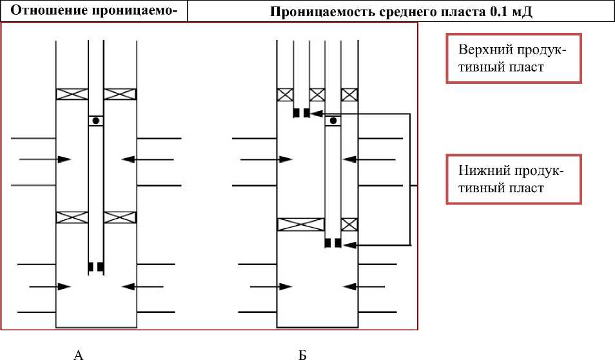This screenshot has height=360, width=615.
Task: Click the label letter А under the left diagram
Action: pos(79,354)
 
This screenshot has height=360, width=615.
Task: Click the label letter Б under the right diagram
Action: pos(302,354)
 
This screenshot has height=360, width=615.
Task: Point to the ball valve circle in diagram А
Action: pos(96,121)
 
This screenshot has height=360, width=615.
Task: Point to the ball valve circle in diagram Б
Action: pos(333,121)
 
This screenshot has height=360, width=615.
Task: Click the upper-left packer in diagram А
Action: pos(72,94)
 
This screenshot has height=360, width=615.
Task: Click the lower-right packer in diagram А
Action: pos(120,217)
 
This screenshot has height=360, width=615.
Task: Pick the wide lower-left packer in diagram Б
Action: pos(300,225)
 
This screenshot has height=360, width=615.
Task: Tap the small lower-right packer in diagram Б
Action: pos(349,225)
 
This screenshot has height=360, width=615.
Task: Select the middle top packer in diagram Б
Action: pos(317,94)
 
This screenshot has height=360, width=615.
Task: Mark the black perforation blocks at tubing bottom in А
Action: pos(96,266)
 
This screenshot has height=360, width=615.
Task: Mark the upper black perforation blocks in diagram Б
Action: pos(301,114)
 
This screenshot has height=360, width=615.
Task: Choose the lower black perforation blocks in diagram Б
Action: pos(332,243)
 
